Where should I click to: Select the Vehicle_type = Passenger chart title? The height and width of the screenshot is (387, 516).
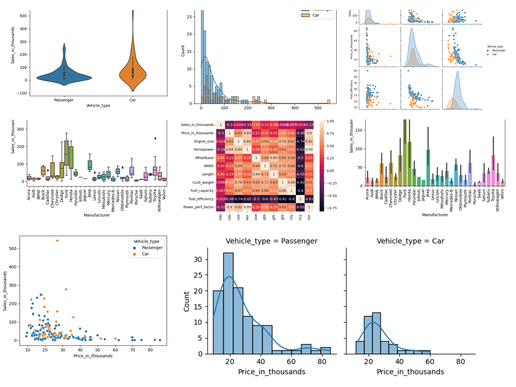[271, 241]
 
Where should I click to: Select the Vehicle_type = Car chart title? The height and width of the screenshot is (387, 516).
[410, 241]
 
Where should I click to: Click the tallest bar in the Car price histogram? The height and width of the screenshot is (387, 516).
[376, 333]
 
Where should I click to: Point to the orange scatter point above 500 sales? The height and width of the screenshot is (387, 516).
[57, 241]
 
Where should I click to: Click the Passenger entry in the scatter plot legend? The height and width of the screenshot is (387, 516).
[152, 248]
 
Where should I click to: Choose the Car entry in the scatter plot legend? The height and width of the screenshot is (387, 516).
[145, 254]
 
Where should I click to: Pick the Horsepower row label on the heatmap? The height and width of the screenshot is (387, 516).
[203, 150]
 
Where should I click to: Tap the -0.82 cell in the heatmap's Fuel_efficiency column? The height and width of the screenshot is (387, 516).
[300, 183]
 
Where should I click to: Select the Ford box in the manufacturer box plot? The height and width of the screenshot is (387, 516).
[66, 153]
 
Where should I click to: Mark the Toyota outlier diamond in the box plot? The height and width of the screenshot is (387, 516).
[155, 138]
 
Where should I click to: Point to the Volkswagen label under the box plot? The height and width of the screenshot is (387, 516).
[160, 201]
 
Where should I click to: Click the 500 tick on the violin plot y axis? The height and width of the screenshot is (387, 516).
[23, 16]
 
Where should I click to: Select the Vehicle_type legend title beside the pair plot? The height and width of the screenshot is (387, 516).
[495, 47]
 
